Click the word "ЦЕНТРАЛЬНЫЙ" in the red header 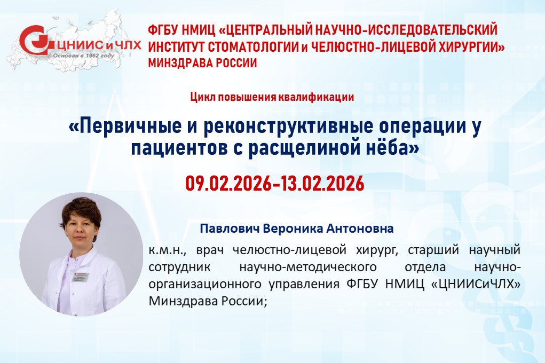(x=266, y=30)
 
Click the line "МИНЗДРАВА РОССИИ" (x=203, y=63)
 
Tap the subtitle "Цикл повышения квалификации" (x=272, y=97)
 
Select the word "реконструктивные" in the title (x=288, y=127)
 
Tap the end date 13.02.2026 (x=322, y=183)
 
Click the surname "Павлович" (x=230, y=229)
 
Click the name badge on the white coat (x=80, y=277)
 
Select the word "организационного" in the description (x=205, y=285)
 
